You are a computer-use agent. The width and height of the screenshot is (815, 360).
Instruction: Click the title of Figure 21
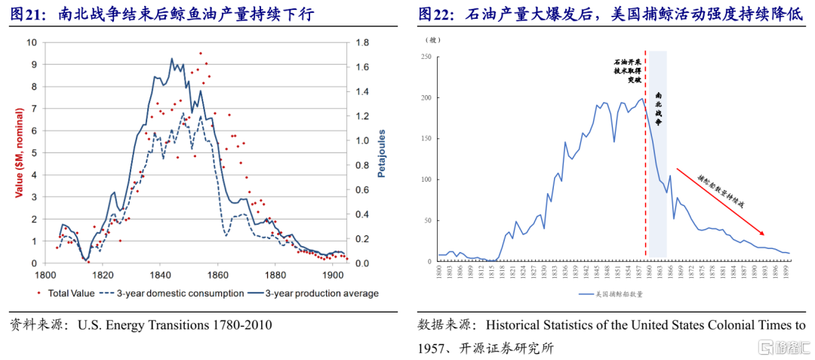click(x=162, y=14)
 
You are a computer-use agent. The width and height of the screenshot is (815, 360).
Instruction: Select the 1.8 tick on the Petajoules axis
click(x=361, y=42)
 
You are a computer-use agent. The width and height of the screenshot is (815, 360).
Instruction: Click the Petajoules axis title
click(x=382, y=152)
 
